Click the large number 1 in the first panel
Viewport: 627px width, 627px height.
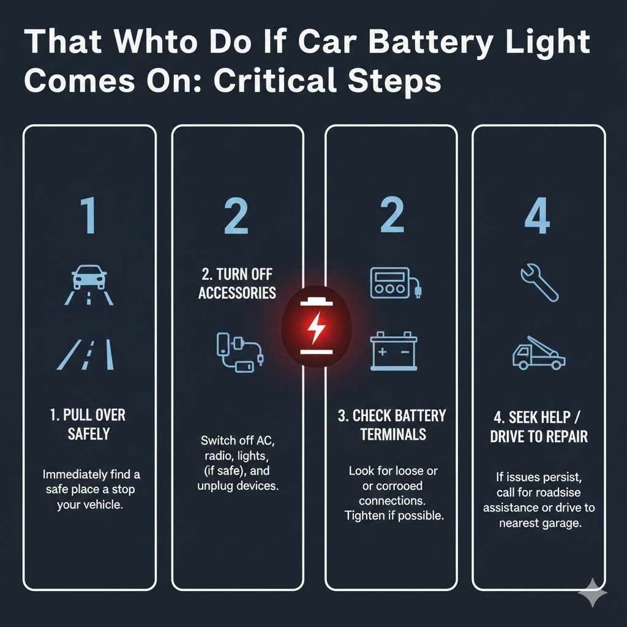[89, 216]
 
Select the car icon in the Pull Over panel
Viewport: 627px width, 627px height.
[89, 277]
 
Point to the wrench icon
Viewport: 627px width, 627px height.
[539, 282]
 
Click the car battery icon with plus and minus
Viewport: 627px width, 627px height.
[394, 351]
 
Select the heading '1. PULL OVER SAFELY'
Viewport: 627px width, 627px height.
[88, 424]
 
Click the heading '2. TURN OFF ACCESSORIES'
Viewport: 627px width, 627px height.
[237, 283]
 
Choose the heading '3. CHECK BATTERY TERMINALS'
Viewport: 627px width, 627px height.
[392, 425]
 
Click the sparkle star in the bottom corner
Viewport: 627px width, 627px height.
[593, 593]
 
